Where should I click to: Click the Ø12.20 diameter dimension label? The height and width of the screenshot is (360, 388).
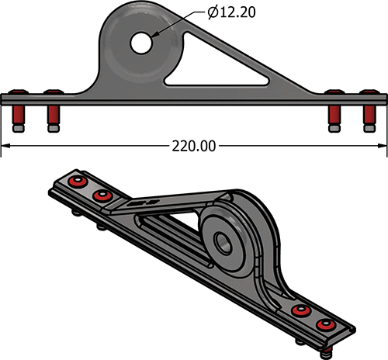(231, 12)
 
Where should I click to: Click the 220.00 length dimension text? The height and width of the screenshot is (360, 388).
(194, 146)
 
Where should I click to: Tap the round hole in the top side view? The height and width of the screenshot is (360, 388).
(141, 43)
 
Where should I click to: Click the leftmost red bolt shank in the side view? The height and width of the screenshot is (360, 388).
(19, 116)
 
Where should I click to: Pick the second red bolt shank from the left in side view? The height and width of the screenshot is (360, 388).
(54, 116)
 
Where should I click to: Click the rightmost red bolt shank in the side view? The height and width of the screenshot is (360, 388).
(369, 116)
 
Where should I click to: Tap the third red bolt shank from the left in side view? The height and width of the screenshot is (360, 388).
(334, 116)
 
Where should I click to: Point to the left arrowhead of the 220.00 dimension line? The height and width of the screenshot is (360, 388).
(5, 146)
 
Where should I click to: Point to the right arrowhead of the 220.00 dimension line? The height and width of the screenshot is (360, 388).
(383, 146)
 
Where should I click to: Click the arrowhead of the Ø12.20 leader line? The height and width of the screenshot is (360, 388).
(154, 36)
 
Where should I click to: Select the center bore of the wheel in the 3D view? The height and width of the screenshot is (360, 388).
(223, 242)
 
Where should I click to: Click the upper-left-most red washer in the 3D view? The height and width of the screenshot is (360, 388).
(78, 181)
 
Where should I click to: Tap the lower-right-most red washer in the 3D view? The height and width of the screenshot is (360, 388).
(326, 324)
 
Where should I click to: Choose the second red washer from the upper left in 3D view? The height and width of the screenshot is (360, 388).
(102, 196)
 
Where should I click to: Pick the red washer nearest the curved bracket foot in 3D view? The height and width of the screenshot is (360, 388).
(300, 310)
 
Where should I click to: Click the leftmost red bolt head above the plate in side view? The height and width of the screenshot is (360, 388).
(18, 92)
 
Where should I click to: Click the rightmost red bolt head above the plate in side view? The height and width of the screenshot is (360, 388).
(370, 92)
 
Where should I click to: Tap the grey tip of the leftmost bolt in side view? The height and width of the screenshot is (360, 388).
(19, 129)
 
